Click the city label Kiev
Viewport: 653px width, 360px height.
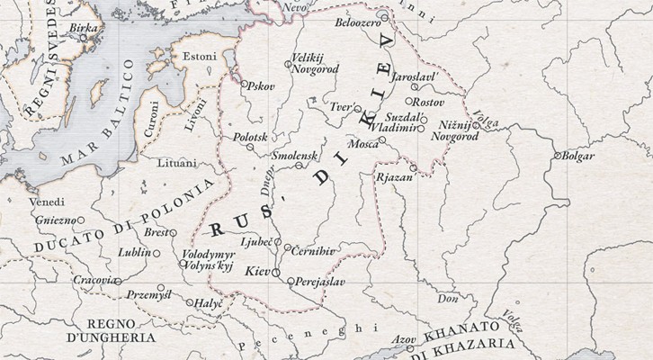pos(257,269)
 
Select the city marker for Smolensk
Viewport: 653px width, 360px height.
pos(300,166)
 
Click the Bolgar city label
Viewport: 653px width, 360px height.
pos(578,157)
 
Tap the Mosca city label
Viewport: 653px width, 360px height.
pos(362,143)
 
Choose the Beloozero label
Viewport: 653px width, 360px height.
pos(357,21)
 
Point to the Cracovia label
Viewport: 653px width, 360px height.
pos(94,280)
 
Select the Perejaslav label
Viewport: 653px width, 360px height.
pos(320,282)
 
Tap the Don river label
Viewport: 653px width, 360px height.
pos(446,297)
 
